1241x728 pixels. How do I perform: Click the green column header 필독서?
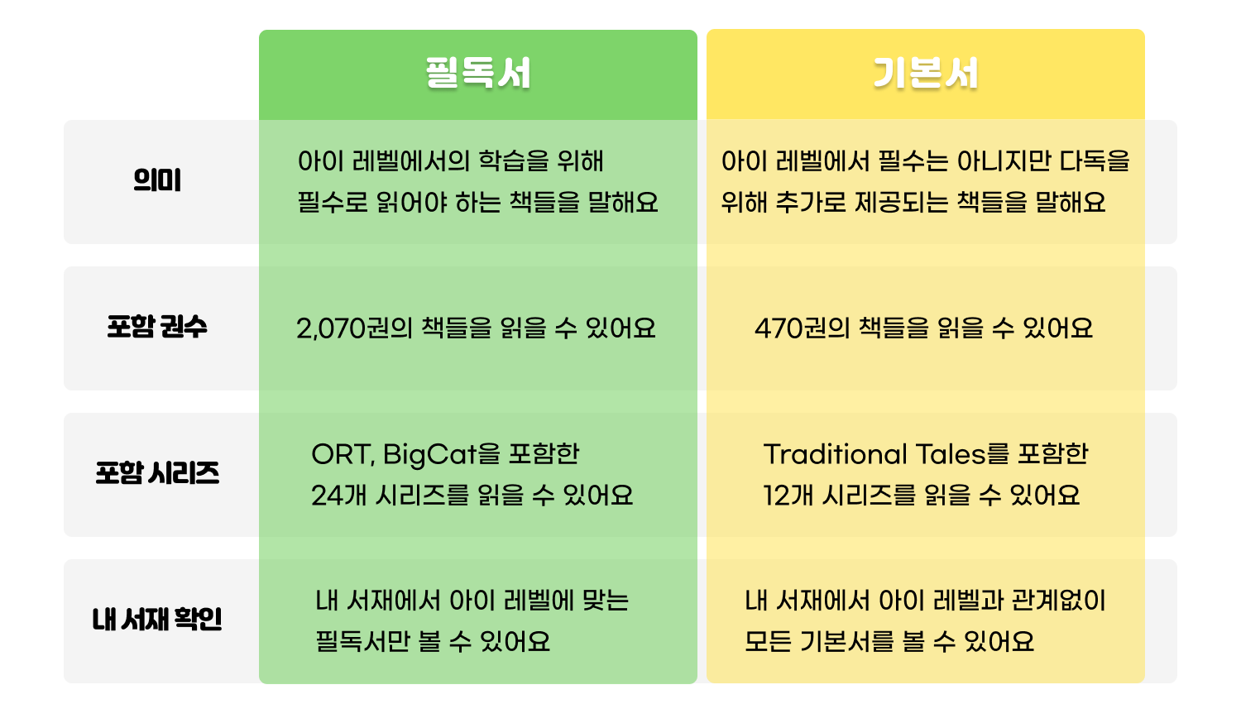pyautogui.click(x=478, y=73)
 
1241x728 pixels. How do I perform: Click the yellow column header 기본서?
pyautogui.click(x=925, y=73)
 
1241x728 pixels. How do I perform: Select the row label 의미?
pyautogui.click(x=157, y=180)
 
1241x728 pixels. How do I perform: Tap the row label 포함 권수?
pyautogui.click(x=157, y=327)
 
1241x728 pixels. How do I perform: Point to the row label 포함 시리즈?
pyautogui.click(x=157, y=473)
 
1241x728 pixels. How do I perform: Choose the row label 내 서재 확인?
pyautogui.click(x=157, y=620)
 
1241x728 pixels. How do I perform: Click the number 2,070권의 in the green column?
pyautogui.click(x=355, y=328)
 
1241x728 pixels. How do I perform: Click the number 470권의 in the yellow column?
pyautogui.click(x=803, y=328)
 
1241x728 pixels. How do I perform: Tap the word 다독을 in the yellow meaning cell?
pyautogui.click(x=1095, y=161)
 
